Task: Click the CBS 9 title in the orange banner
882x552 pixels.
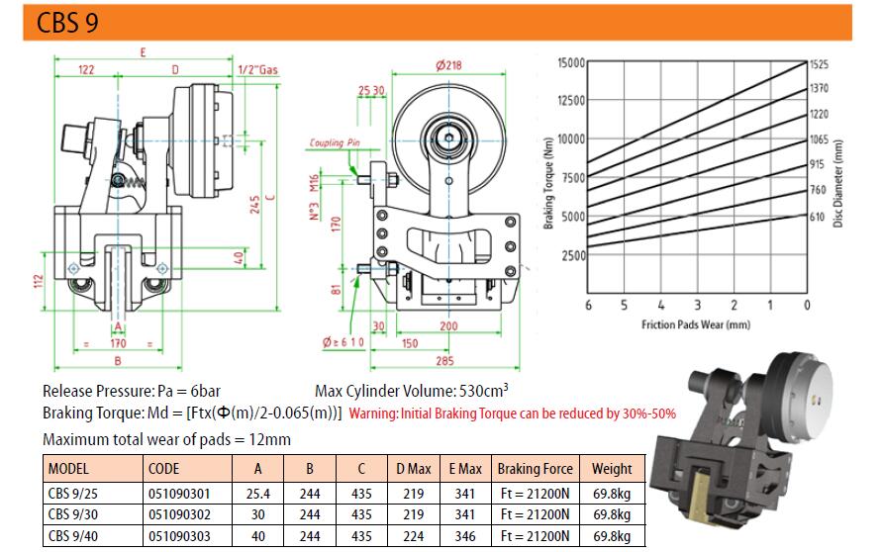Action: pos(67,23)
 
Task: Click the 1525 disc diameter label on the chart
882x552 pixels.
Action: pos(819,64)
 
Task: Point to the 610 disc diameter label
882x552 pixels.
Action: pos(818,217)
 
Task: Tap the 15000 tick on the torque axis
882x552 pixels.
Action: pos(571,62)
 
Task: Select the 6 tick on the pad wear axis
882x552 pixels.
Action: pos(588,306)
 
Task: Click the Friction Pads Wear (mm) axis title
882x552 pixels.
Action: pos(696,324)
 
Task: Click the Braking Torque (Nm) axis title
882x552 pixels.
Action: pos(548,183)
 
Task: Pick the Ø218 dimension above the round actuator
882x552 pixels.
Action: pos(448,65)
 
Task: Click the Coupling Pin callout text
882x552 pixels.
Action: pos(335,142)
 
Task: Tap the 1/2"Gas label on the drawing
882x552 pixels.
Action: pos(257,69)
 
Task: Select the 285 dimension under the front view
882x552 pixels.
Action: pos(444,360)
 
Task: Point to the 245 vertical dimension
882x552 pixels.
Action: pos(254,204)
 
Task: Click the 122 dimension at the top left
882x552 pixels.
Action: pos(85,69)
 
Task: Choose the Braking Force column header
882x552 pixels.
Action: pos(535,469)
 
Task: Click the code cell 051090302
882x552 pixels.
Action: pos(179,514)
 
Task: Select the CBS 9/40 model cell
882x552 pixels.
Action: pos(73,536)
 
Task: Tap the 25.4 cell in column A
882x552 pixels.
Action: pos(258,494)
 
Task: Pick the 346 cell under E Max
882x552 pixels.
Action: pos(465,536)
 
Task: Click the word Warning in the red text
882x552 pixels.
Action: pos(373,414)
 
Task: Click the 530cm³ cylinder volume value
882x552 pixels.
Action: pos(484,390)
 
